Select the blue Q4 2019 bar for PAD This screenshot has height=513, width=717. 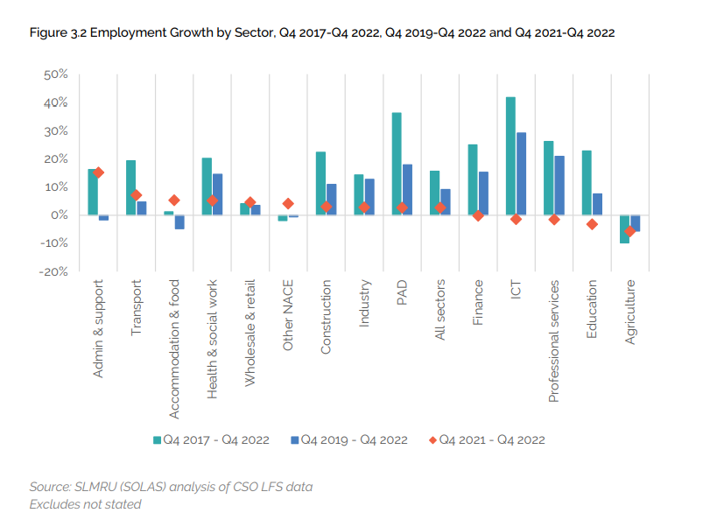coord(407,189)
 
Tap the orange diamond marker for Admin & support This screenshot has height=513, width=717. coord(99,172)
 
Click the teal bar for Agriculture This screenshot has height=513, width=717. coord(624,228)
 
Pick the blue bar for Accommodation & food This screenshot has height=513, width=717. coord(179,221)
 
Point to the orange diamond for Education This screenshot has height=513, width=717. coord(592,224)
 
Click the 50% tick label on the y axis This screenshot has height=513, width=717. coord(55,74)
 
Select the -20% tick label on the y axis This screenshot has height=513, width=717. coord(53,271)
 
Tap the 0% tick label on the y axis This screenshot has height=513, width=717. coord(58,215)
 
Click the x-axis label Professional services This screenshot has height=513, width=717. coord(553,341)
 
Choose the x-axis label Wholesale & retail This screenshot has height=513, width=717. coord(250,334)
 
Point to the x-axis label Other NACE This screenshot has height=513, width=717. coord(288,316)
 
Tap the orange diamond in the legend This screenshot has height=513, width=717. coord(432,439)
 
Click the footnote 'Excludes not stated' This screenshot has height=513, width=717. coord(85,503)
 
